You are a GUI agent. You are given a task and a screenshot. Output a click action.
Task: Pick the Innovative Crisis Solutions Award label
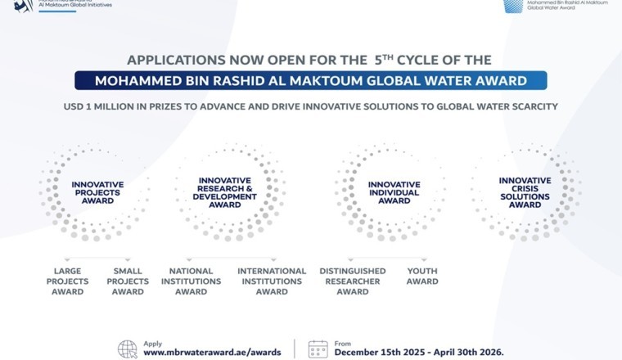525,192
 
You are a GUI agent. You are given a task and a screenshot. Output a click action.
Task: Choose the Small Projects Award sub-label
128,281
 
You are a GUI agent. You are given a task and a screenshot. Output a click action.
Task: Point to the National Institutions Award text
191,281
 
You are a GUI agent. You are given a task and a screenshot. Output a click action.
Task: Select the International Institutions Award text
272,281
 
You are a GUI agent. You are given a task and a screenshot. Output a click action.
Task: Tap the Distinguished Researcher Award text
353,281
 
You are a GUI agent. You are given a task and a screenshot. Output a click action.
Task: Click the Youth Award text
422,277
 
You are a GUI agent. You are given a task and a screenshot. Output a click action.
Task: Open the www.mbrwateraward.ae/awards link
212,352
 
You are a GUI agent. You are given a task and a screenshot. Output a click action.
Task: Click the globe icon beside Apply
128,349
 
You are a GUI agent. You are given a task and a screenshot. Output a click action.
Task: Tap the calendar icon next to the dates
318,349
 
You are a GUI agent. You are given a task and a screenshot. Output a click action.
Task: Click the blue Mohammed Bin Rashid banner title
310,81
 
